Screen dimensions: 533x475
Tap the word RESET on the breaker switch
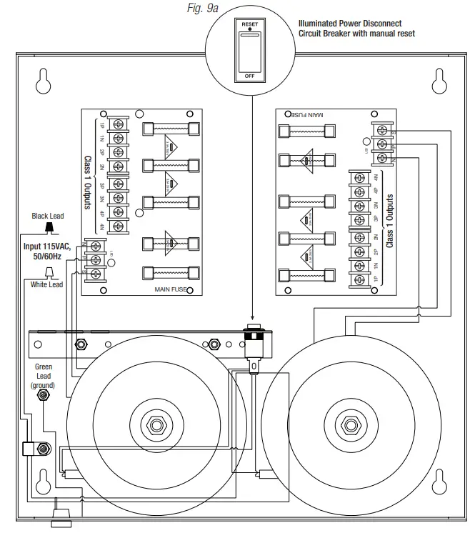250,24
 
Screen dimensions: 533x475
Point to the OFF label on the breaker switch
250,74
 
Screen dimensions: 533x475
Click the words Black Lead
48,215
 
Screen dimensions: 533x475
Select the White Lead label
46,284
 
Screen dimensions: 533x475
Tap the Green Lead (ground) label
44,375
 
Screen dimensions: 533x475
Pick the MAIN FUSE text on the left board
170,289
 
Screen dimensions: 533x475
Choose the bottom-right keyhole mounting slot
437,481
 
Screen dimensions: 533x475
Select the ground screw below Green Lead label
44,394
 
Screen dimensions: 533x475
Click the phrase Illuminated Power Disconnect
350,23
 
